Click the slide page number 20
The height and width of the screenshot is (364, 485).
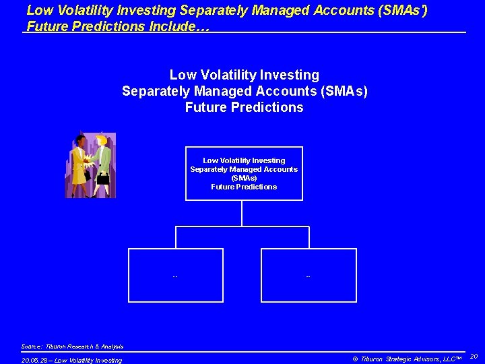[474, 356]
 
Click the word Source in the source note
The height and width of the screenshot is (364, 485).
[31, 346]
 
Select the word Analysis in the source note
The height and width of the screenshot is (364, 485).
[111, 346]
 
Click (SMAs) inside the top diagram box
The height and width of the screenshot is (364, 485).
[244, 178]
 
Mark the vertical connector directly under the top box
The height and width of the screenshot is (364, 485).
[242, 213]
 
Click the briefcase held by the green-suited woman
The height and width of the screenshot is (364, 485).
[103, 179]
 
